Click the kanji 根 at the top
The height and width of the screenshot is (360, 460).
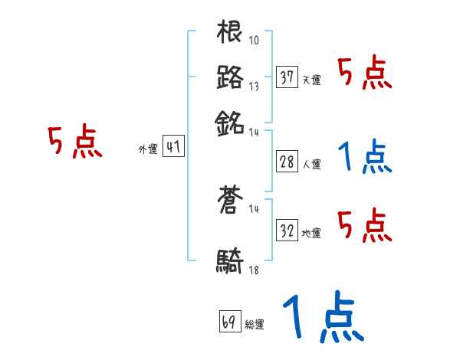point(230,34)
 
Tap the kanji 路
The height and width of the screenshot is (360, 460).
point(230,77)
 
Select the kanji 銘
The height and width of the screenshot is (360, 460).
point(230,121)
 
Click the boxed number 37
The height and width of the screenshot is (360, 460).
point(287,78)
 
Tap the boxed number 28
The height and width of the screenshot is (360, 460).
point(287,162)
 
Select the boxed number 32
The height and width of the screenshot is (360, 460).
point(287,231)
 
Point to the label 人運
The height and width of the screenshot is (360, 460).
point(311,164)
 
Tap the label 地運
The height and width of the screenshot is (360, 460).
point(311,233)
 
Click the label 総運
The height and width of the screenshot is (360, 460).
point(255,324)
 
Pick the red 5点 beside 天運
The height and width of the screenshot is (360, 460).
point(365,74)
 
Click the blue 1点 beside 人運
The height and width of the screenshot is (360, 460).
point(365,157)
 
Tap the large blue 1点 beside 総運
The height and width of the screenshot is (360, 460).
point(323,317)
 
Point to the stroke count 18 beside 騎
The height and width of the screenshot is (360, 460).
point(254,270)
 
